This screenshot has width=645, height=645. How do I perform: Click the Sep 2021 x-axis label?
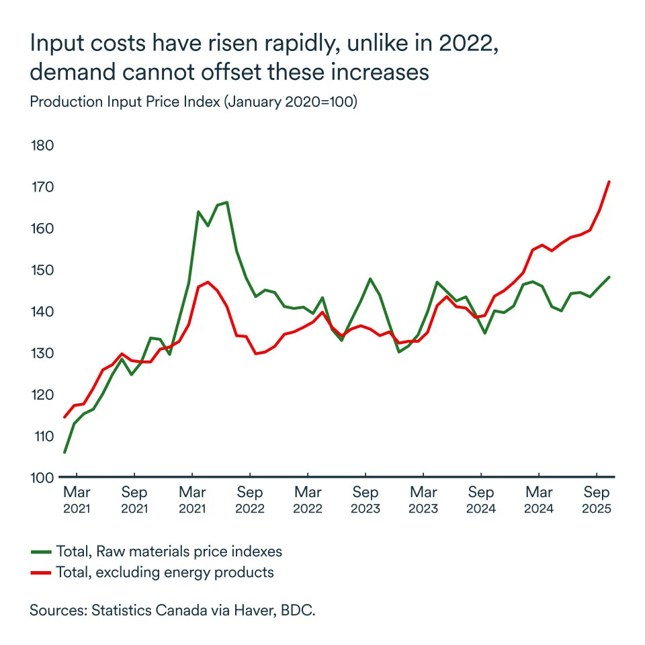tap(134, 500)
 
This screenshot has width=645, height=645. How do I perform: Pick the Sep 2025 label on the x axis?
tap(596, 500)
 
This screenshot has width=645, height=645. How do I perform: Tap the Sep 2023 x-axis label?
tap(365, 500)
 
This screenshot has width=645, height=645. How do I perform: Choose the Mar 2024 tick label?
tap(538, 500)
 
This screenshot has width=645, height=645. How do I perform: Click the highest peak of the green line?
tap(227, 202)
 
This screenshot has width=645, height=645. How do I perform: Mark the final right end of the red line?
tap(609, 181)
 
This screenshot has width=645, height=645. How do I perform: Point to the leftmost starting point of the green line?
tap(64, 452)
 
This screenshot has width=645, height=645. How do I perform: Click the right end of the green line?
tap(609, 277)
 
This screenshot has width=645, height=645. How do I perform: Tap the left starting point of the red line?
tap(64, 417)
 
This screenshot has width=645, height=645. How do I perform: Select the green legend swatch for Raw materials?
tap(42, 552)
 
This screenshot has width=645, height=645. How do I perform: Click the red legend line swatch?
tap(42, 572)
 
